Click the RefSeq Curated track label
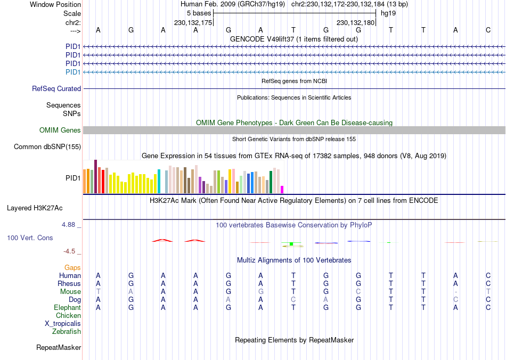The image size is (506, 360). [x=56, y=89]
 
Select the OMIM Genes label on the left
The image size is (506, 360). [x=60, y=130]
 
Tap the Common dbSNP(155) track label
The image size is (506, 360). [x=47, y=147]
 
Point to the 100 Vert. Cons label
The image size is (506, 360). [x=30, y=238]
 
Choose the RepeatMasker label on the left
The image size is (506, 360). [x=59, y=348]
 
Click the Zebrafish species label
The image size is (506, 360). [x=67, y=332]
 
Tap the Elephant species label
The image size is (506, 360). [x=67, y=308]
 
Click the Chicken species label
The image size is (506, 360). [x=68, y=316]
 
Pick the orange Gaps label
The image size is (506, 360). [x=72, y=267]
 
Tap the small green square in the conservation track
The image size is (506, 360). [x=291, y=244]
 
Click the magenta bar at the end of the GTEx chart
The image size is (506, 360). [x=282, y=189]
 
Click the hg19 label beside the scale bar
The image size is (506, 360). [x=388, y=13]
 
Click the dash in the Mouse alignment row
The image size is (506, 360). [x=455, y=292]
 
